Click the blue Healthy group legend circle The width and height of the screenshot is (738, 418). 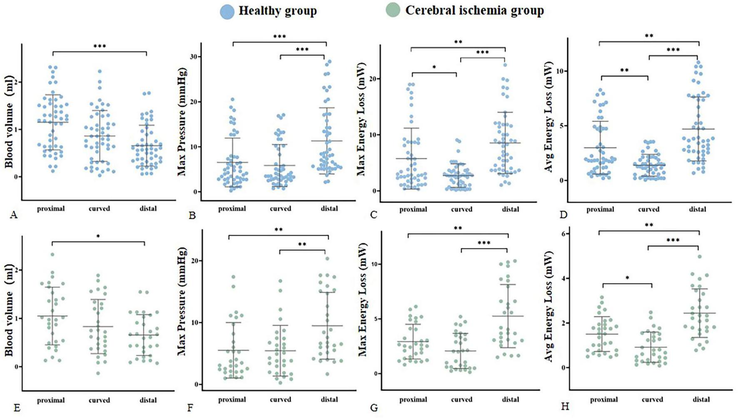tap(227, 11)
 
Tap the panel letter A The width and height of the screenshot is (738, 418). tap(14, 215)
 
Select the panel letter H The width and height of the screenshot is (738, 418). tap(565, 406)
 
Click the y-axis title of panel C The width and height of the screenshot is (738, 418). tap(361, 119)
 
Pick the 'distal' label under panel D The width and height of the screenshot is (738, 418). tap(697, 209)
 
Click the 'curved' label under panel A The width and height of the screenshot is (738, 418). tap(99, 208)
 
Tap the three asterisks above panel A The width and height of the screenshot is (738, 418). tap(99, 46)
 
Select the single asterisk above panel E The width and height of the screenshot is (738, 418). tap(98, 237)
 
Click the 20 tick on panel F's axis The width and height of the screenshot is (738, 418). tap(193, 261)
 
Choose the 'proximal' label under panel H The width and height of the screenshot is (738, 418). tap(603, 400)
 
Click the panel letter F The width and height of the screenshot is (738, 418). tap(192, 407)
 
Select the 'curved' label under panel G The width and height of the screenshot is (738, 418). tap(461, 400)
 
